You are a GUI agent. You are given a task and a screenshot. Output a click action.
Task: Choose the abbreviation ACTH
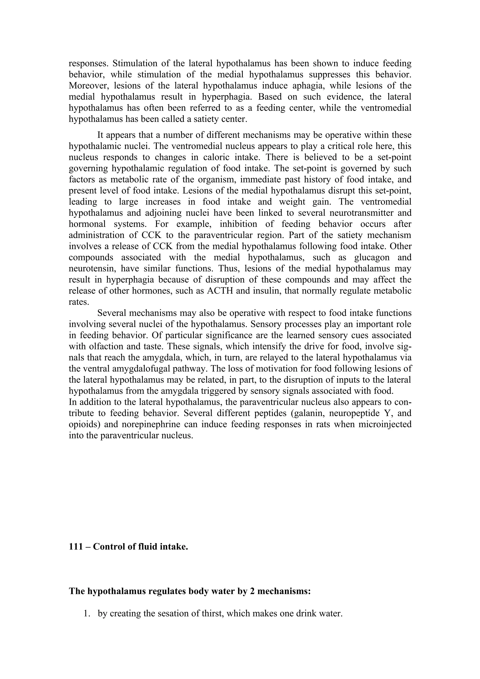[220, 291]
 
